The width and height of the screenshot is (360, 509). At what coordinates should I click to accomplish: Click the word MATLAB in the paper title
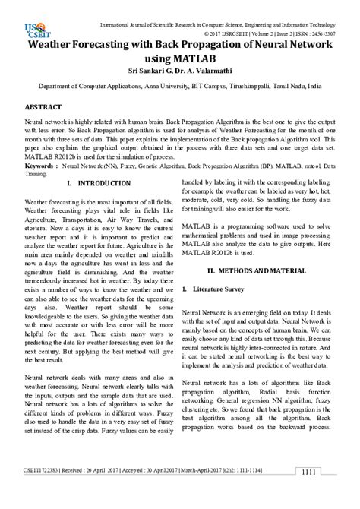pos(194,58)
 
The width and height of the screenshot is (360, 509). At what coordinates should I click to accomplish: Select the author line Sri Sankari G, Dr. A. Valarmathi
pos(179,74)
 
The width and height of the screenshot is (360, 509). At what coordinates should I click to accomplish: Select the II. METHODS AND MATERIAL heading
pos(257,270)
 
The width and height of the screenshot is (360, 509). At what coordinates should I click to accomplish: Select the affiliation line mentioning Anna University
pos(180,87)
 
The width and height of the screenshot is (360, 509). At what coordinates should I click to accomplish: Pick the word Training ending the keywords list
pos(37,173)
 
